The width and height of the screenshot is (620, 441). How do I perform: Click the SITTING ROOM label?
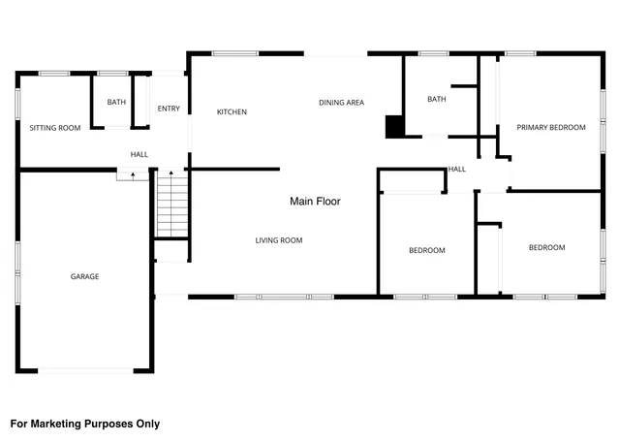pos(54,128)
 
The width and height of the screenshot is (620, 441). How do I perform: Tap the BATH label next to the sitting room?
pos(116,103)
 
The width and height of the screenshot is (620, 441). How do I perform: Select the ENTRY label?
pos(169,109)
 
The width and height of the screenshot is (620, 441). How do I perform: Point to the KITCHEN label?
pos(232,112)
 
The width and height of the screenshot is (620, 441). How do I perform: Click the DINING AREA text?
pos(341,102)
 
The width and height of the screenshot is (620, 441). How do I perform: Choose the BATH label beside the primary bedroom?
pos(436,99)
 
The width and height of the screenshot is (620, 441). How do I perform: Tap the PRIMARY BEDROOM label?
pos(550,127)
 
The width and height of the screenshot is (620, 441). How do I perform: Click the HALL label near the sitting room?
pos(139,154)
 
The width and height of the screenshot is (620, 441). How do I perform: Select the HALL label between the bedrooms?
pos(456,170)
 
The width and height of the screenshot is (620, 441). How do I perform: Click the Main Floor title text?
pos(315,202)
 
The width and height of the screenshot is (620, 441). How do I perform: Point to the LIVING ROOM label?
pos(279,240)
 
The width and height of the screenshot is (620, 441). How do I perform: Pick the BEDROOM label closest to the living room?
pos(426,251)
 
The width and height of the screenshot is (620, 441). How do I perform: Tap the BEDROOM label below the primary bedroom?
pos(546,248)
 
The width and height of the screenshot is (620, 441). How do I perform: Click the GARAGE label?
pos(84,276)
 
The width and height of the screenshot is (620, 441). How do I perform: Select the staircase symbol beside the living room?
pos(170,204)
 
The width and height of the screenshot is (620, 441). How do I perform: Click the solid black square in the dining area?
pos(394,127)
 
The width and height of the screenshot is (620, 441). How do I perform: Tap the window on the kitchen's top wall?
pos(229,53)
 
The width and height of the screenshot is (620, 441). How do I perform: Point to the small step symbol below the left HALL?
pos(126,175)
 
